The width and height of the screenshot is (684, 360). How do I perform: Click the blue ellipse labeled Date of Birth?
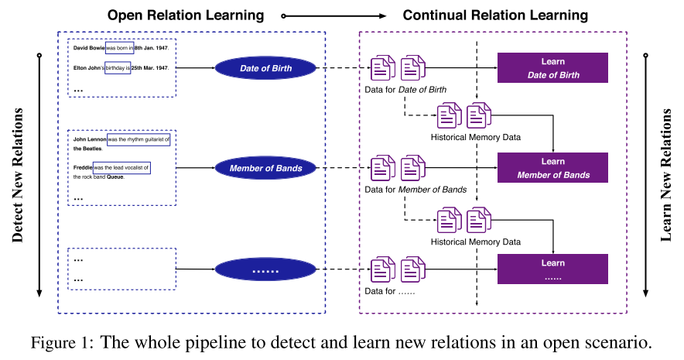pos(265,68)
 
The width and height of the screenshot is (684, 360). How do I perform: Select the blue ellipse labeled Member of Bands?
pos(265,167)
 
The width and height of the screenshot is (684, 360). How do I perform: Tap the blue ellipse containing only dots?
pos(265,269)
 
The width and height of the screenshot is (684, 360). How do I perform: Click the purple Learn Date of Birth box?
pos(552,68)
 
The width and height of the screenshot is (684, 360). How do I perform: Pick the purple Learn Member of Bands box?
pos(552,168)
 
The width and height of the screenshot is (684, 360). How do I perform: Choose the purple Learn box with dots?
pos(552,269)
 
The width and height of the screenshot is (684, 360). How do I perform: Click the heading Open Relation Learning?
pos(185,15)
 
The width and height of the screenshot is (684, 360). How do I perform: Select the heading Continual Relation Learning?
pos(495,15)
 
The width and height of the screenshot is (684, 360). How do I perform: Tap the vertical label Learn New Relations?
pos(666,174)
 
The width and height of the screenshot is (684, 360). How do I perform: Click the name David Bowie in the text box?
pos(89,47)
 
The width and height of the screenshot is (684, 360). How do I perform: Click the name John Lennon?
pos(90,139)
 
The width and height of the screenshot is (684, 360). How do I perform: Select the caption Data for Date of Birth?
pos(405,91)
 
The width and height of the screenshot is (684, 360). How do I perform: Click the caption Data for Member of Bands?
pos(416,190)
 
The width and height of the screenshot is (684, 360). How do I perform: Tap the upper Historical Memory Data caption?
pos(475,137)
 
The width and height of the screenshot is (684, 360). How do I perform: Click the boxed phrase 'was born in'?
pos(119,47)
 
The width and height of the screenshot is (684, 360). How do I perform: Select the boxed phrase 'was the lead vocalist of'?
pos(121,167)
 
